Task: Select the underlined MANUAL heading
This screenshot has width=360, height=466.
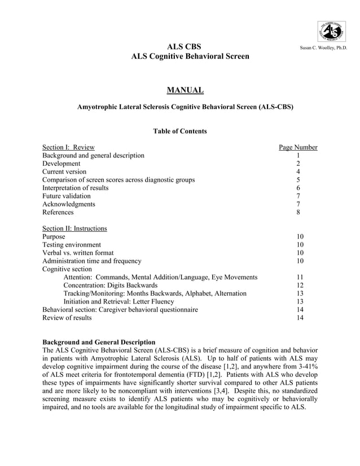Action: [x=185, y=90]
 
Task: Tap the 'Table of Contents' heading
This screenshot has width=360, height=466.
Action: [x=180, y=131]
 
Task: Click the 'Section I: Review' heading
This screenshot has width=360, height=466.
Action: [x=69, y=148]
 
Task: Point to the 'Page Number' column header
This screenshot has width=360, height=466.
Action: [x=298, y=148]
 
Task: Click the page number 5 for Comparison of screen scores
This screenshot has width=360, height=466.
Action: [x=298, y=180]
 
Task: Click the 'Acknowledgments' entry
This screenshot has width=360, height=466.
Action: [x=69, y=204]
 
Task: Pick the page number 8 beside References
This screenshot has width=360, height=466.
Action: [x=298, y=213]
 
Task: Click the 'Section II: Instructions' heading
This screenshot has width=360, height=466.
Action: [x=75, y=228]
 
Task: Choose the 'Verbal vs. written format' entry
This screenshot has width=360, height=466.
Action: [x=78, y=253]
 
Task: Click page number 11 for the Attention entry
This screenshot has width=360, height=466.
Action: [x=300, y=278]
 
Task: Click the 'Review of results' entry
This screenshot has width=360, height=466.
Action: [x=67, y=318]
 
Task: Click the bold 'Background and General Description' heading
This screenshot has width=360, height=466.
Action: [x=99, y=342]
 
